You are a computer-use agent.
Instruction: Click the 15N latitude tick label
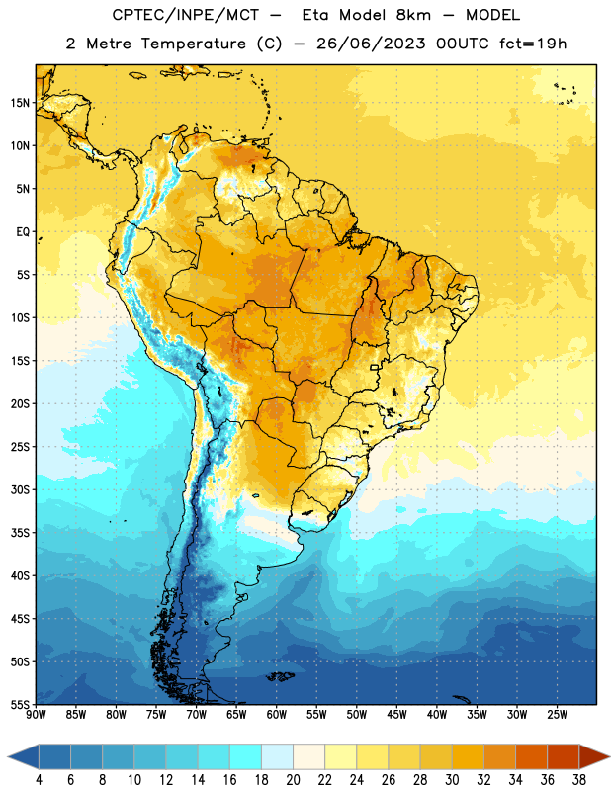click(20, 103)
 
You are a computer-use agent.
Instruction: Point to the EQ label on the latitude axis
click(23, 232)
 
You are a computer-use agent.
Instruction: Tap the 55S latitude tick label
click(20, 704)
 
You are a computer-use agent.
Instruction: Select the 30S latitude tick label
click(20, 489)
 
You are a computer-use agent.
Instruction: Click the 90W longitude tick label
click(36, 714)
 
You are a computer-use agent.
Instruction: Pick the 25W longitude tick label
click(557, 714)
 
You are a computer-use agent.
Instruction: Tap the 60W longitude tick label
click(277, 714)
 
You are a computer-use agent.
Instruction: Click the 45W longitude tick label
click(396, 714)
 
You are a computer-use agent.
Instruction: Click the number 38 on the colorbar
click(579, 780)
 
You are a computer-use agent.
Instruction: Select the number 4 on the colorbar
click(39, 780)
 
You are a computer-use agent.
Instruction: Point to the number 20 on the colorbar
click(293, 780)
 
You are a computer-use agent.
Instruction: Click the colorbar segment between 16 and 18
click(245, 757)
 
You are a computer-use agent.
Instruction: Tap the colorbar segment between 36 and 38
click(564, 757)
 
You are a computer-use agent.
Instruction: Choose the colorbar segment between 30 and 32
click(468, 757)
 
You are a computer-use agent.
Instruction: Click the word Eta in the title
click(315, 15)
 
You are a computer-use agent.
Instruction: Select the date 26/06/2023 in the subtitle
click(371, 44)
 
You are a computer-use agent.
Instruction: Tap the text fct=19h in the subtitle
click(533, 44)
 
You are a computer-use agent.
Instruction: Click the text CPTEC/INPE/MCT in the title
click(185, 15)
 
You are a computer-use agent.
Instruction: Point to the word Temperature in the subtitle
click(193, 44)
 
